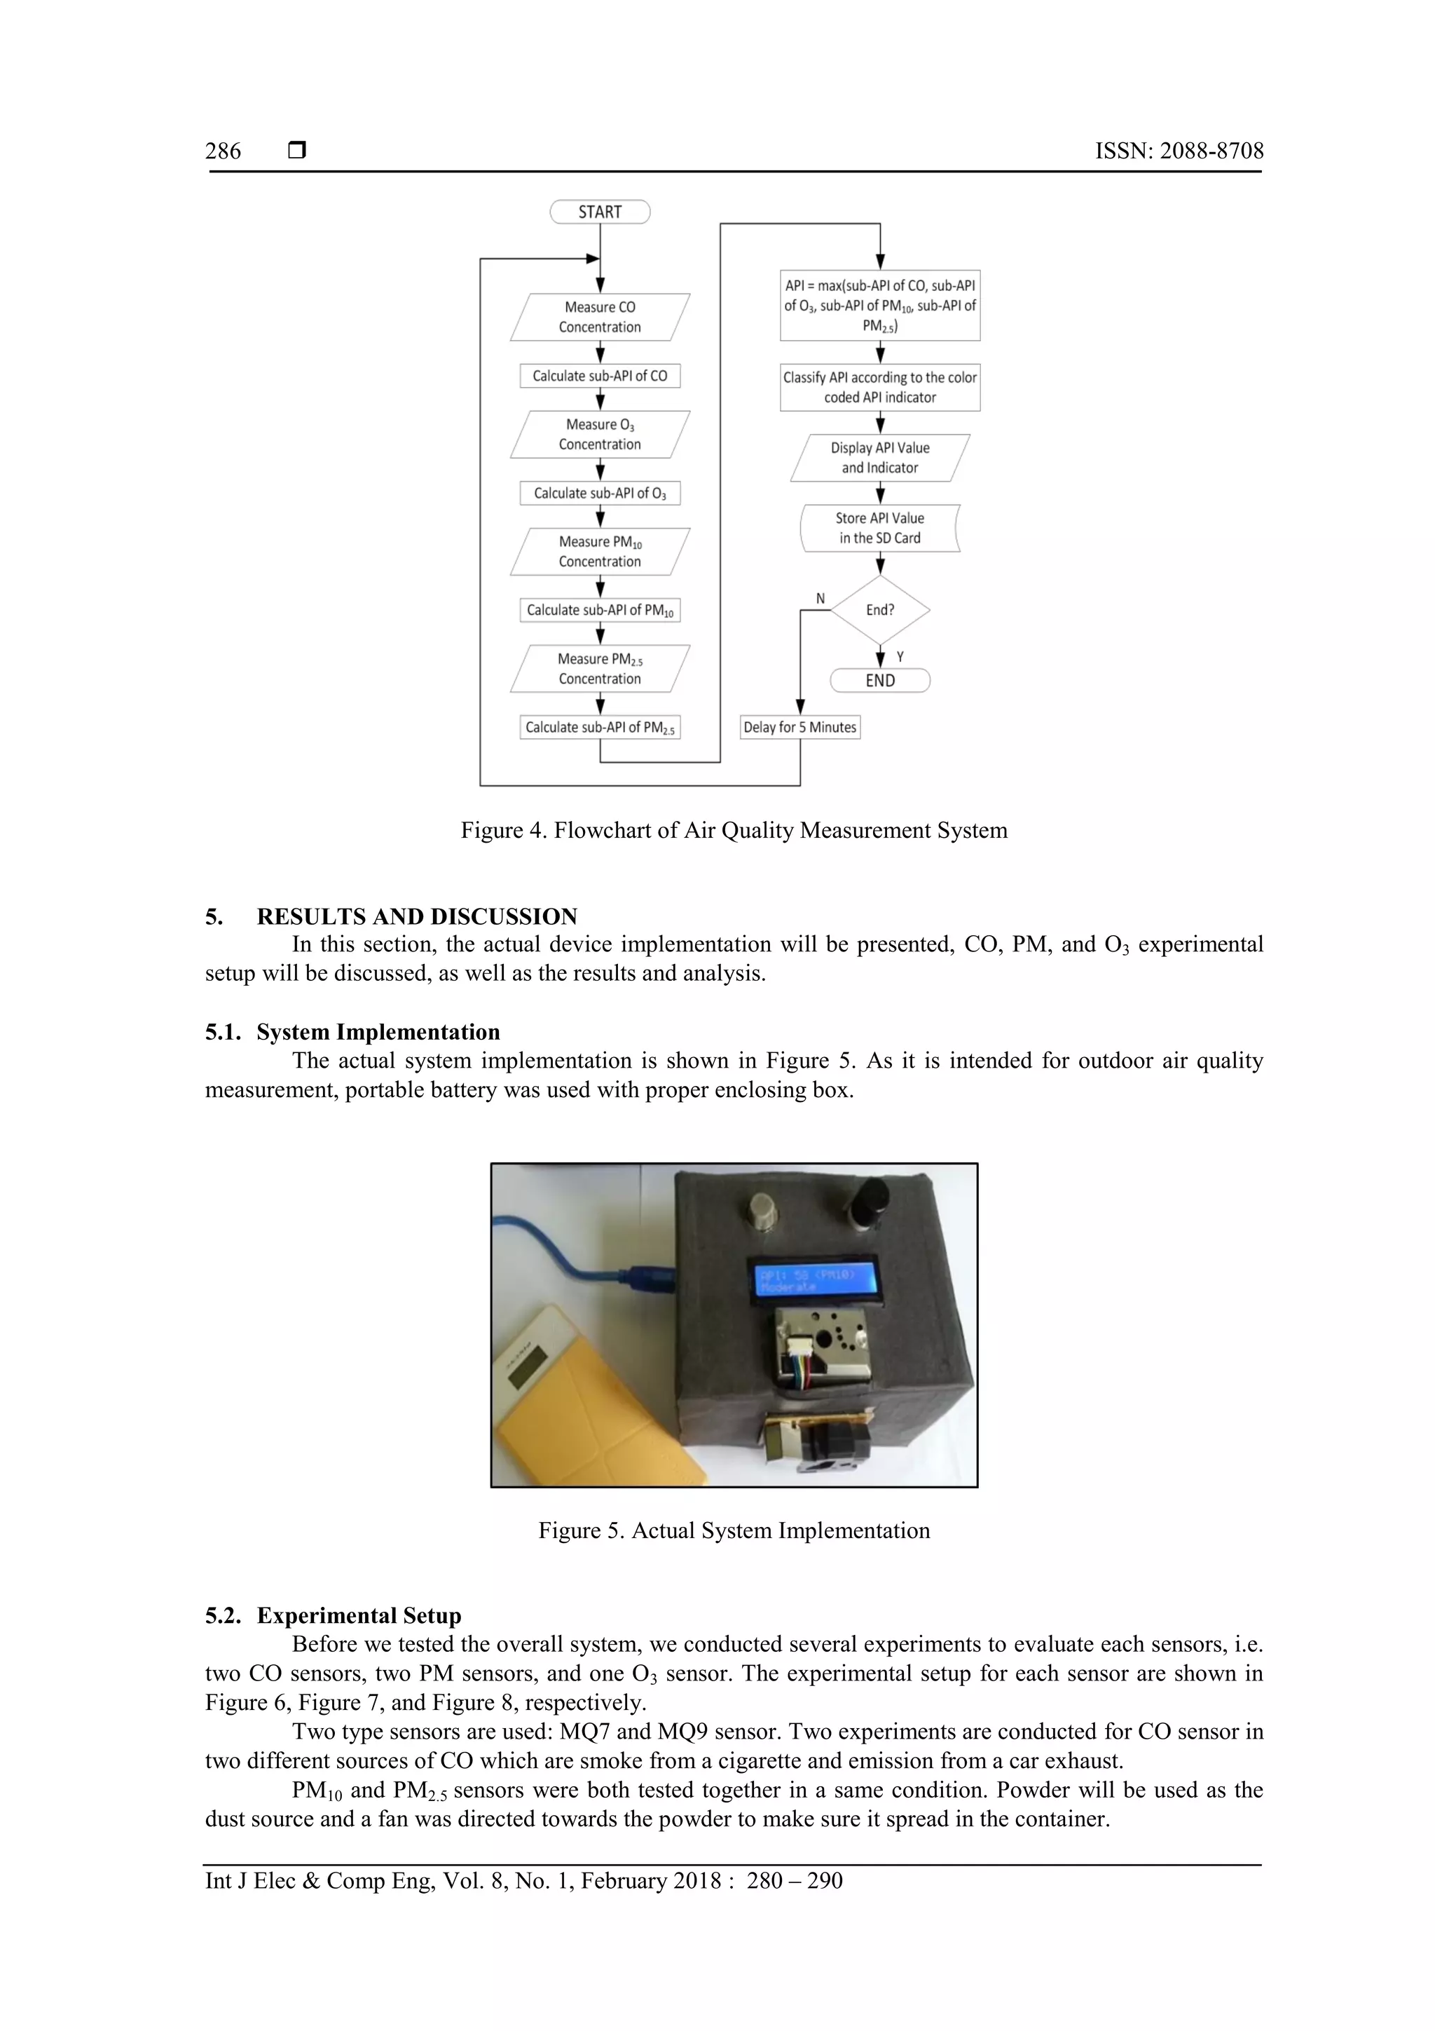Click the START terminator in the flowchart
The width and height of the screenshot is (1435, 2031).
(x=600, y=212)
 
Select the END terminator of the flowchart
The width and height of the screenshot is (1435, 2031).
(x=880, y=680)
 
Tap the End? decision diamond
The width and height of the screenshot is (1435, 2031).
(x=880, y=609)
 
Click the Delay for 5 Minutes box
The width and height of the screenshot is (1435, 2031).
(x=799, y=727)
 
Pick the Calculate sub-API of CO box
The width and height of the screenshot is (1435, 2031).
(x=600, y=376)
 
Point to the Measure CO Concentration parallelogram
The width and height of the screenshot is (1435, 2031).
(x=600, y=317)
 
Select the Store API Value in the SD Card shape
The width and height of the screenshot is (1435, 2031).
(x=880, y=528)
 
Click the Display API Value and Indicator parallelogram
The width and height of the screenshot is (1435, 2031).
(x=880, y=457)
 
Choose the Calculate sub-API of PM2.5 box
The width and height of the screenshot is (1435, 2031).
(x=600, y=727)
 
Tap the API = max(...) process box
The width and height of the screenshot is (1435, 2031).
(x=880, y=305)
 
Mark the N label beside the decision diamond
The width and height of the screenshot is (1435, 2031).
(x=821, y=599)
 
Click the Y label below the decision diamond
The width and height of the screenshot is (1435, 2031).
(x=900, y=656)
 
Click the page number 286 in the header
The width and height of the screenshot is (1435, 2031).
(x=223, y=151)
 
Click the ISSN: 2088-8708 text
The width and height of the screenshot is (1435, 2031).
(x=1179, y=151)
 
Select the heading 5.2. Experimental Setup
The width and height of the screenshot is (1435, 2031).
(x=334, y=1615)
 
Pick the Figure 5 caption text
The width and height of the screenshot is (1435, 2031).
(x=734, y=1530)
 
